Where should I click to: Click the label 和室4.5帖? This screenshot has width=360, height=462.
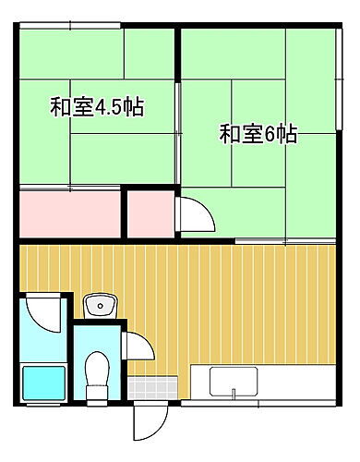(x=96, y=107)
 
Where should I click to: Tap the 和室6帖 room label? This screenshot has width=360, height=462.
(x=258, y=135)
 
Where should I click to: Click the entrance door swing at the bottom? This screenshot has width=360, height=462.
(x=146, y=423)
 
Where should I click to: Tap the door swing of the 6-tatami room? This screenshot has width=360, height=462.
(x=194, y=215)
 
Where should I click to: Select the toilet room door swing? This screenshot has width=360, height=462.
(x=136, y=346)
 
